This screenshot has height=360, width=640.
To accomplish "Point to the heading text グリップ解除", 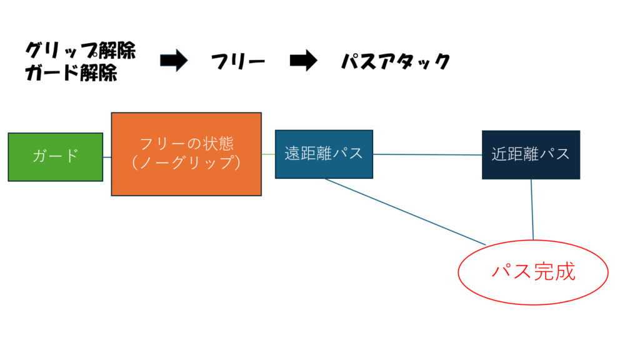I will [81, 51].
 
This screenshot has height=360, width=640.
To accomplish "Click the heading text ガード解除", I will [71, 73].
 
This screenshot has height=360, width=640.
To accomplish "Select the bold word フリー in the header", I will [237, 61].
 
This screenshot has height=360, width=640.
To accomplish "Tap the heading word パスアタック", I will [396, 61].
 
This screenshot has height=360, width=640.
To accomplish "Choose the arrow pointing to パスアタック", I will [304, 61].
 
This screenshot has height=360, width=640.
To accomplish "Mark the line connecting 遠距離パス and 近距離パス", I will [427, 154].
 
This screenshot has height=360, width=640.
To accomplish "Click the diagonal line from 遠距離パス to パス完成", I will [405, 211].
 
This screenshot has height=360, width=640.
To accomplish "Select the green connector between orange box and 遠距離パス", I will [268, 154].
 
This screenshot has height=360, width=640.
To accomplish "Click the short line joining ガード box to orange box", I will [107, 157].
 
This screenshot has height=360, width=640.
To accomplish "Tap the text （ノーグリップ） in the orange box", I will [186, 162].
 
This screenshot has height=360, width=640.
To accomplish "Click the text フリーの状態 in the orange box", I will [186, 143].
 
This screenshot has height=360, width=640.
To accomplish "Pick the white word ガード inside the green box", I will [55, 156].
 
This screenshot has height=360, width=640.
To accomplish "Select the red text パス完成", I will [533, 272].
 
